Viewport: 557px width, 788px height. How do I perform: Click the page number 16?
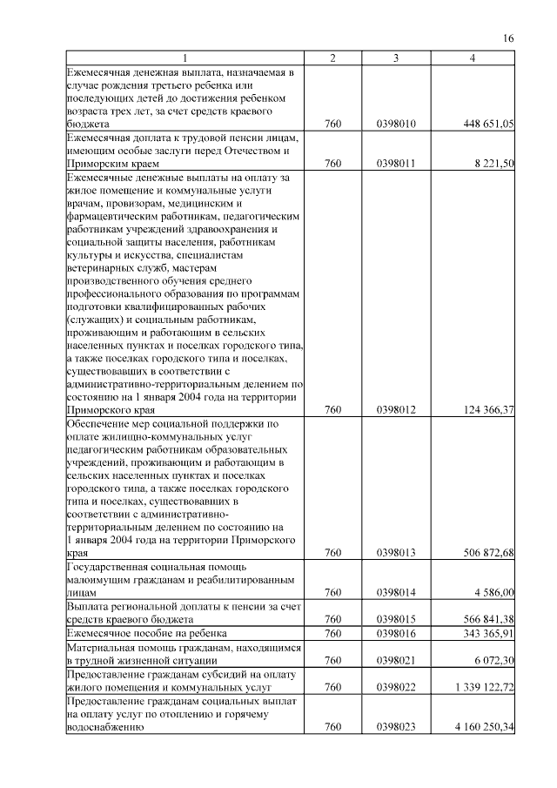[509, 37]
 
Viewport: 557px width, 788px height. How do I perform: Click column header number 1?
[185, 57]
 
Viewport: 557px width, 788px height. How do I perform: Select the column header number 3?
[397, 57]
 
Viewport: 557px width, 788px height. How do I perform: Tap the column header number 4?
[472, 57]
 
